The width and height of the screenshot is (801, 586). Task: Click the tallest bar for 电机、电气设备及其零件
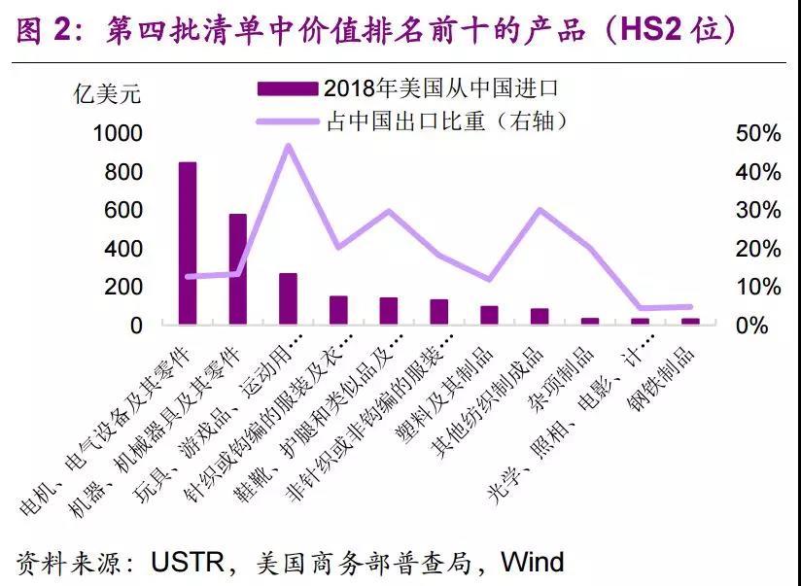[x=188, y=243]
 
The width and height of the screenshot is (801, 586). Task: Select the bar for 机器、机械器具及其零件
[x=238, y=269]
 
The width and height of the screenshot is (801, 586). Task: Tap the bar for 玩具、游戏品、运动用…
[x=289, y=298]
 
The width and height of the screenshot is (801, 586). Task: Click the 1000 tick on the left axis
[x=118, y=133]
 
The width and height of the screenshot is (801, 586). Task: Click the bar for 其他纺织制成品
[x=540, y=316]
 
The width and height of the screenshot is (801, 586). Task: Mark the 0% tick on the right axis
[x=751, y=325]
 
